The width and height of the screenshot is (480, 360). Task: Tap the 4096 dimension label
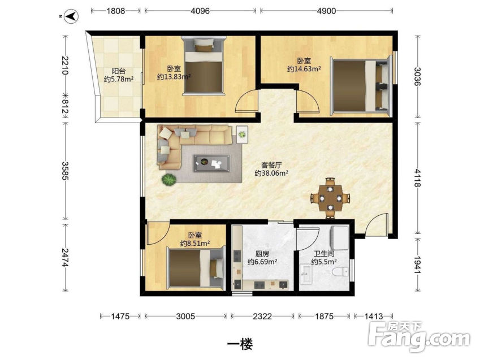click(200, 11)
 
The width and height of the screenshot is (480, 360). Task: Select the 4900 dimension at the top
click(326, 11)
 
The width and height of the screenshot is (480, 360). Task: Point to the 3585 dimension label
click(65, 171)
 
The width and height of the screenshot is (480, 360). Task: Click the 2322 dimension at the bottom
click(262, 316)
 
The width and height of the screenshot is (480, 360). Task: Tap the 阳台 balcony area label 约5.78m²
click(119, 79)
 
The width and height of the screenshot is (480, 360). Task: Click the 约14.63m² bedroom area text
click(304, 69)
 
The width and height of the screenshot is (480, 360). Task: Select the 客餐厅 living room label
click(271, 165)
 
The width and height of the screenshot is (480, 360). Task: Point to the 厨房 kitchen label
click(262, 254)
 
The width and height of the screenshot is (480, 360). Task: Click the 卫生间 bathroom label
click(324, 254)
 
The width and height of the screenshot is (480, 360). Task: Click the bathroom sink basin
click(306, 273)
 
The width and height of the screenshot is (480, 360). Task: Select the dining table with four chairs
click(330, 198)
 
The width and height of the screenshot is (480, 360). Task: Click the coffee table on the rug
click(212, 163)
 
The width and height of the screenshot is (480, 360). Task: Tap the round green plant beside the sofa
click(168, 179)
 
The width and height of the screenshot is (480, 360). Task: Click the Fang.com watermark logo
click(419, 337)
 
